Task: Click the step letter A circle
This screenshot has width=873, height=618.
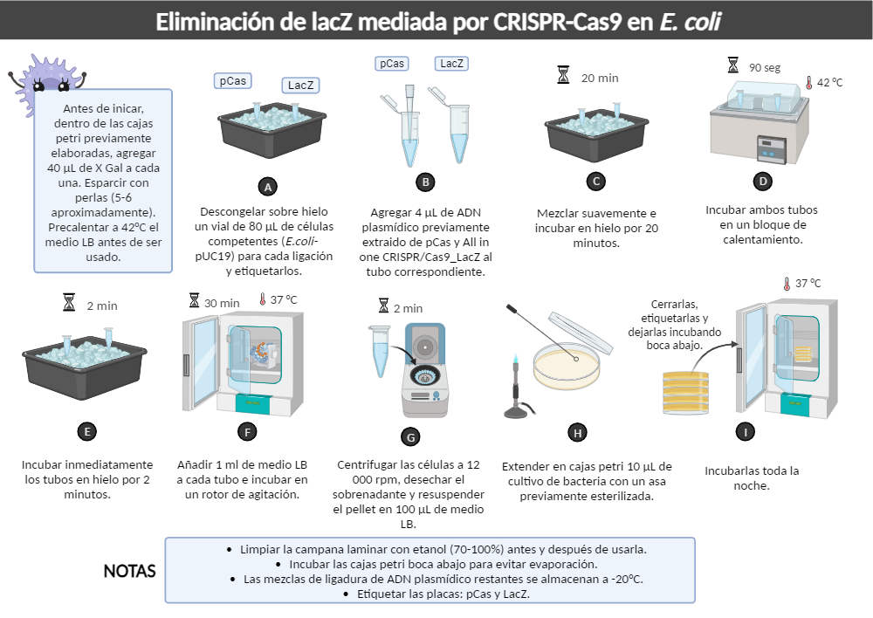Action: coord(268,187)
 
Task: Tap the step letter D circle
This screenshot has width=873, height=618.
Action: coord(763,181)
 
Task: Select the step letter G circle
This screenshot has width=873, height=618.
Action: coord(410,437)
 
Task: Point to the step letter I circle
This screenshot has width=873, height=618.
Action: coord(745,431)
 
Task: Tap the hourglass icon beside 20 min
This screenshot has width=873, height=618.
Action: coord(563,74)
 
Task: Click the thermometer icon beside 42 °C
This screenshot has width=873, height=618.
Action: coord(808,83)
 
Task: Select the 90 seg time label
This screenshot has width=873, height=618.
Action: coord(765,67)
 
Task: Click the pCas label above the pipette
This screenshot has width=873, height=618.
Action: coord(392,64)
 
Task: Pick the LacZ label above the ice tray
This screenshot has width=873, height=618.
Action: coord(300,86)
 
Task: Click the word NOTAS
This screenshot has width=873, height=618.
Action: coord(129,571)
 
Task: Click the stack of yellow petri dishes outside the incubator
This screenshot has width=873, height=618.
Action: coord(686,393)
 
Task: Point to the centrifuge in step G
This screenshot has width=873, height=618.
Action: coord(425,370)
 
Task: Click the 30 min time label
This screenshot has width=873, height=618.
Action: coord(222,304)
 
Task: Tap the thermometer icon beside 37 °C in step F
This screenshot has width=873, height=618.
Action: coord(262,299)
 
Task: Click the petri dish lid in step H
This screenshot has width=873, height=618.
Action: coord(581,333)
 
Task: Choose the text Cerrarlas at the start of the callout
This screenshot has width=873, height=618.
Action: coord(674,304)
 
